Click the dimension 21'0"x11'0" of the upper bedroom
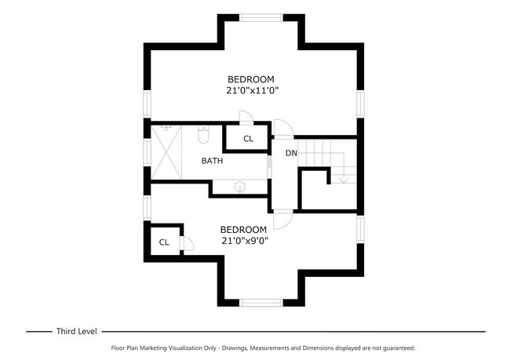point(253,91)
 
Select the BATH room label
point(212,161)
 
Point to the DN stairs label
point(291,153)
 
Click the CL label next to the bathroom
point(248,139)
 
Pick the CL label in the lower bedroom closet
point(164,242)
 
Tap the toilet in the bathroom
point(203,136)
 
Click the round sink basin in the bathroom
point(240,187)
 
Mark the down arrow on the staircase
point(343,179)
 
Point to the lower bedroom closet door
point(188,243)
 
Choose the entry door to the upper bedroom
point(282,127)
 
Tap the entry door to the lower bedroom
point(283,219)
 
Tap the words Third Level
point(75,332)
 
